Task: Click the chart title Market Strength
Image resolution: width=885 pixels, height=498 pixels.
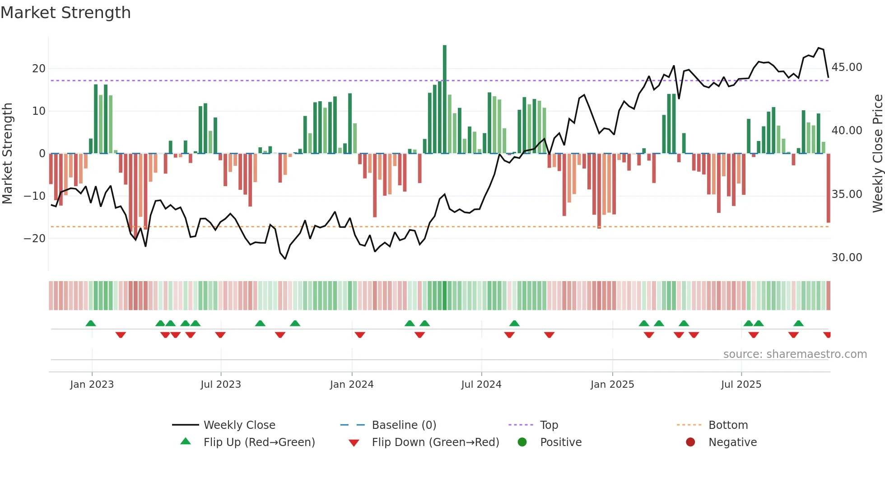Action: pyautogui.click(x=65, y=13)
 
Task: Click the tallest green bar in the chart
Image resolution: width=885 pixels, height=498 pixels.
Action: pyautogui.click(x=445, y=99)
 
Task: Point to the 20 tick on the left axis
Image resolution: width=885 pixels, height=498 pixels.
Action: pyautogui.click(x=39, y=69)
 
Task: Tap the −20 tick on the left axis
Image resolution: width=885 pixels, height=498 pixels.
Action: pyautogui.click(x=35, y=238)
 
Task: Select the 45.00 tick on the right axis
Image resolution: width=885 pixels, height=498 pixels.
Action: pyautogui.click(x=847, y=67)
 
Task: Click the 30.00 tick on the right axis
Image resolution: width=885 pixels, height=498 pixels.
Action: pyautogui.click(x=847, y=258)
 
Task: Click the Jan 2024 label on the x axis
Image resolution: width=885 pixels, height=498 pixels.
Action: pyautogui.click(x=352, y=385)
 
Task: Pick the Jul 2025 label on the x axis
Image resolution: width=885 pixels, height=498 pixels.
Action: pyautogui.click(x=741, y=385)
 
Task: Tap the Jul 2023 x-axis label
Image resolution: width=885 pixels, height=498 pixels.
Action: pyautogui.click(x=221, y=385)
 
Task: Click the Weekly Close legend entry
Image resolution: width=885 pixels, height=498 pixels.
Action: pyautogui.click(x=239, y=425)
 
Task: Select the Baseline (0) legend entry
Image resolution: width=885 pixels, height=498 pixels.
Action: pyautogui.click(x=404, y=425)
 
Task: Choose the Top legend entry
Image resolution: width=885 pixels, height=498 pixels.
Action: pyautogui.click(x=549, y=425)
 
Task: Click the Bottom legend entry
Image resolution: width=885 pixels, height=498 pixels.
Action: pyautogui.click(x=728, y=425)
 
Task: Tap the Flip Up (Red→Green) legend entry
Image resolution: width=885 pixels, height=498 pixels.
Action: pyautogui.click(x=259, y=442)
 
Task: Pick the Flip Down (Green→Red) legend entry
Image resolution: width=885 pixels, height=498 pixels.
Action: pyautogui.click(x=435, y=442)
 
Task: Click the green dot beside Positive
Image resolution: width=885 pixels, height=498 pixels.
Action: pyautogui.click(x=522, y=442)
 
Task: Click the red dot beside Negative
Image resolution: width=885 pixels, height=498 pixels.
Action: pyautogui.click(x=690, y=442)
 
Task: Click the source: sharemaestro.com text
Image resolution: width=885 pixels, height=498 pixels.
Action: pyautogui.click(x=795, y=354)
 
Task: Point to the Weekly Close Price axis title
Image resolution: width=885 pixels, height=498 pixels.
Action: pyautogui.click(x=877, y=154)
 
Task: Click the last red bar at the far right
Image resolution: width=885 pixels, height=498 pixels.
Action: pyautogui.click(x=828, y=188)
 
